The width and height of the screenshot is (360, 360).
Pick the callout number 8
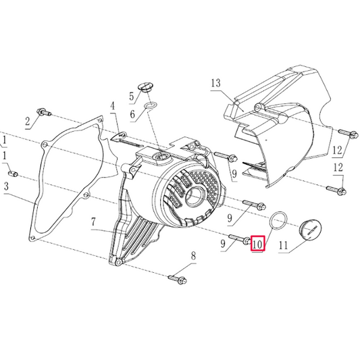point(192,255)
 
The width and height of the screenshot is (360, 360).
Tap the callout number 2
point(28,122)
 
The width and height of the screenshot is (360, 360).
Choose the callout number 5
point(132,96)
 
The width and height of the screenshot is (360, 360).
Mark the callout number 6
point(132,115)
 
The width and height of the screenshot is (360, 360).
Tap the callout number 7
point(94,222)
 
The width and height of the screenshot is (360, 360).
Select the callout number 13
point(215,84)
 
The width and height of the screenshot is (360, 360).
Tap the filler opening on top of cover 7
point(161,157)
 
